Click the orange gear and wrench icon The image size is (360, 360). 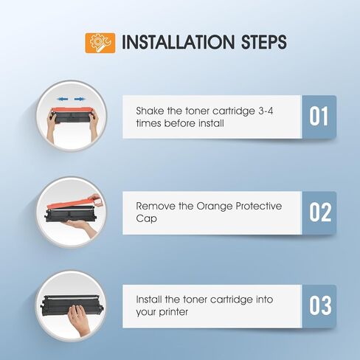(x=100, y=43)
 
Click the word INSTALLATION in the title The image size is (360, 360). (x=179, y=42)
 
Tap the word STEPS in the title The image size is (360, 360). (x=264, y=42)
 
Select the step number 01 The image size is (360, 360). (x=319, y=117)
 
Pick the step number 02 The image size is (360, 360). (x=320, y=212)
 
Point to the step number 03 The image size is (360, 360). (x=320, y=305)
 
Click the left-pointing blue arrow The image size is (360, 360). (x=63, y=99)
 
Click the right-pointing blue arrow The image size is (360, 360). (x=80, y=99)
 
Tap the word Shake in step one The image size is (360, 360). (x=150, y=111)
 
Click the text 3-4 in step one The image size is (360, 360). (x=266, y=111)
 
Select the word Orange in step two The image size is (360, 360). (x=215, y=207)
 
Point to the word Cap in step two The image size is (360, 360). (x=146, y=218)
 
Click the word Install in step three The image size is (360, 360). (x=149, y=300)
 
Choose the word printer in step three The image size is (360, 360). (x=173, y=312)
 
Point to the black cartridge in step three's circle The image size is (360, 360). (x=72, y=305)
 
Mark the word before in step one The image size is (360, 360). (x=179, y=123)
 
